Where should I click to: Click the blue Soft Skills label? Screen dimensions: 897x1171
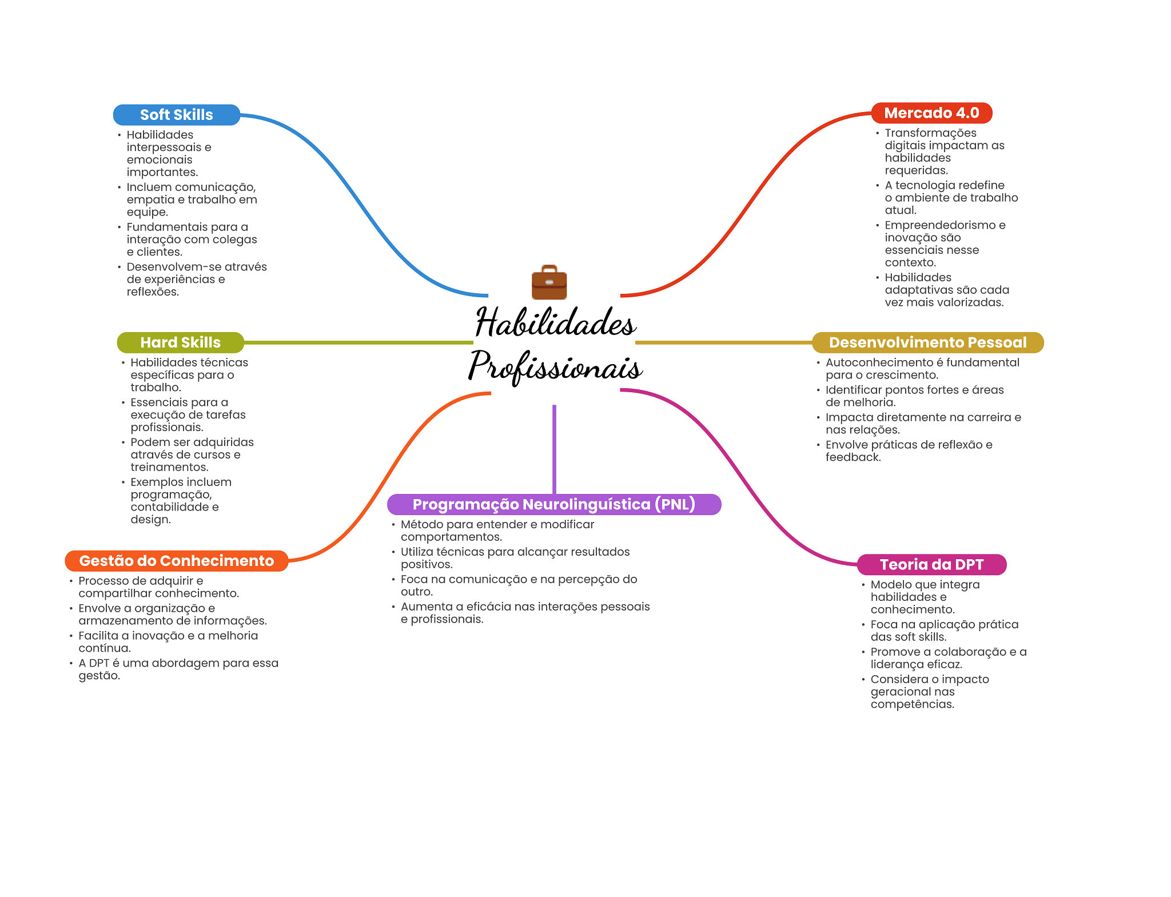pos(176,115)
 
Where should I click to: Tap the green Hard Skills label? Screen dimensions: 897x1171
pos(180,342)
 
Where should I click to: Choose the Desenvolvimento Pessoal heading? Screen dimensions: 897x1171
pos(927,342)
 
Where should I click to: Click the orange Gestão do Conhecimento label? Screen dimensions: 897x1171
pos(176,561)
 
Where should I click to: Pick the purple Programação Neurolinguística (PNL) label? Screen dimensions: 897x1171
pos(553,504)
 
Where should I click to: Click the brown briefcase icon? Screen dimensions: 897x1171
pos(549,282)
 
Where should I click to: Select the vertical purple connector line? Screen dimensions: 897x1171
pos(554,449)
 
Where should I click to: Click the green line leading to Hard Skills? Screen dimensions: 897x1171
pos(357,342)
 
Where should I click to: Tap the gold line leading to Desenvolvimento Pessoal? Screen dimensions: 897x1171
pos(723,342)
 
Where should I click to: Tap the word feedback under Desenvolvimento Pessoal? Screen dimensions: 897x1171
pos(853,457)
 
